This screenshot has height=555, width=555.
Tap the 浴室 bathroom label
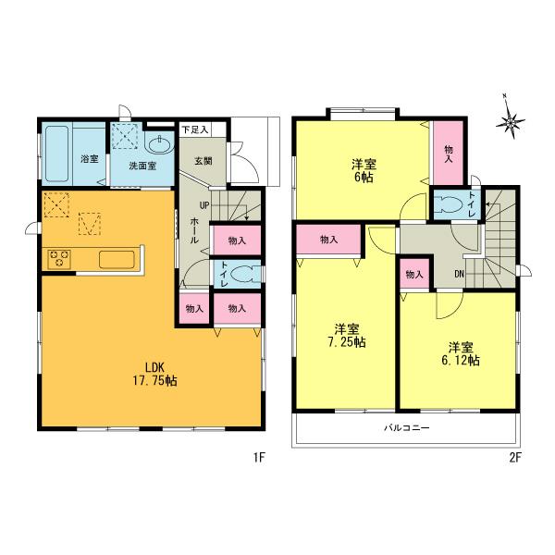pos(89,159)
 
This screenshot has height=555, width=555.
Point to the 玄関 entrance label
pos(203,159)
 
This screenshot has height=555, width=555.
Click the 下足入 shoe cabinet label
pos(194,129)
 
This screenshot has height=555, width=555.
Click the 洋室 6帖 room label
pos(362,170)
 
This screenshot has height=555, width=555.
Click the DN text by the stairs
pos(459,273)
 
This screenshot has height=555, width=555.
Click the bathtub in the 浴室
pos(60,152)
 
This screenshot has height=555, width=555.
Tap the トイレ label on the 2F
pos(473,203)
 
